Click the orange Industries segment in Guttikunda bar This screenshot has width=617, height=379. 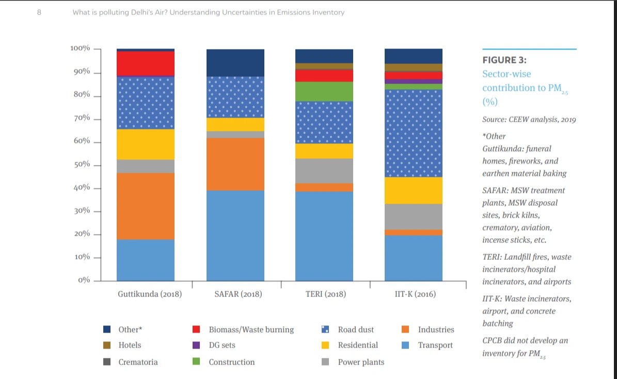[x=145, y=206]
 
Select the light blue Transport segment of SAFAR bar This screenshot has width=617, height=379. [x=235, y=235]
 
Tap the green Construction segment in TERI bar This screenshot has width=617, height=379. [x=324, y=91]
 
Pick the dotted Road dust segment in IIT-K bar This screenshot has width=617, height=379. [x=413, y=133]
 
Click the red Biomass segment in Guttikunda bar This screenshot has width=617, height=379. [x=145, y=63]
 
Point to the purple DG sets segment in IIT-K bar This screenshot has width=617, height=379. [x=413, y=81]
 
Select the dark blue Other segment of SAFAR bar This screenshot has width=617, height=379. [x=235, y=62]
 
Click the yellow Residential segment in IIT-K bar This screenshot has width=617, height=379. [x=413, y=190]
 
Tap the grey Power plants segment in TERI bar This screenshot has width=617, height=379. [x=324, y=171]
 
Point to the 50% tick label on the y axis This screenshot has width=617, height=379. [x=80, y=164]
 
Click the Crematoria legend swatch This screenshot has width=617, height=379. [x=107, y=362]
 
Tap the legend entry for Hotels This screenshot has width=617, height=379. [x=130, y=345]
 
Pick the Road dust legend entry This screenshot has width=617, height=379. [x=356, y=329]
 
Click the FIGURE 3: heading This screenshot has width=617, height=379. [x=504, y=60]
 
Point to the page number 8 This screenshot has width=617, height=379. [x=39, y=12]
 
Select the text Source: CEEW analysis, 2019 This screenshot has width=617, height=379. [x=529, y=120]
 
